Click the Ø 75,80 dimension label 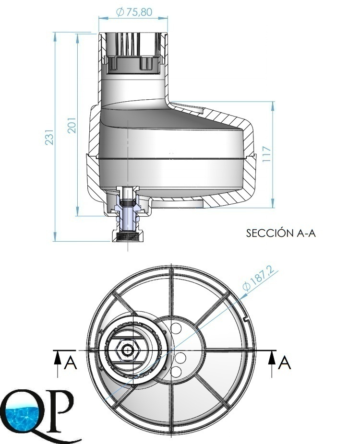click(134, 12)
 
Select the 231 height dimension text click(49, 137)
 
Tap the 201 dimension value click(72, 125)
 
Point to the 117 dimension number click(267, 154)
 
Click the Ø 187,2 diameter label click(258, 279)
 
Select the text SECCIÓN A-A click(281, 233)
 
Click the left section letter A click(71, 363)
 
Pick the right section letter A click(284, 363)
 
